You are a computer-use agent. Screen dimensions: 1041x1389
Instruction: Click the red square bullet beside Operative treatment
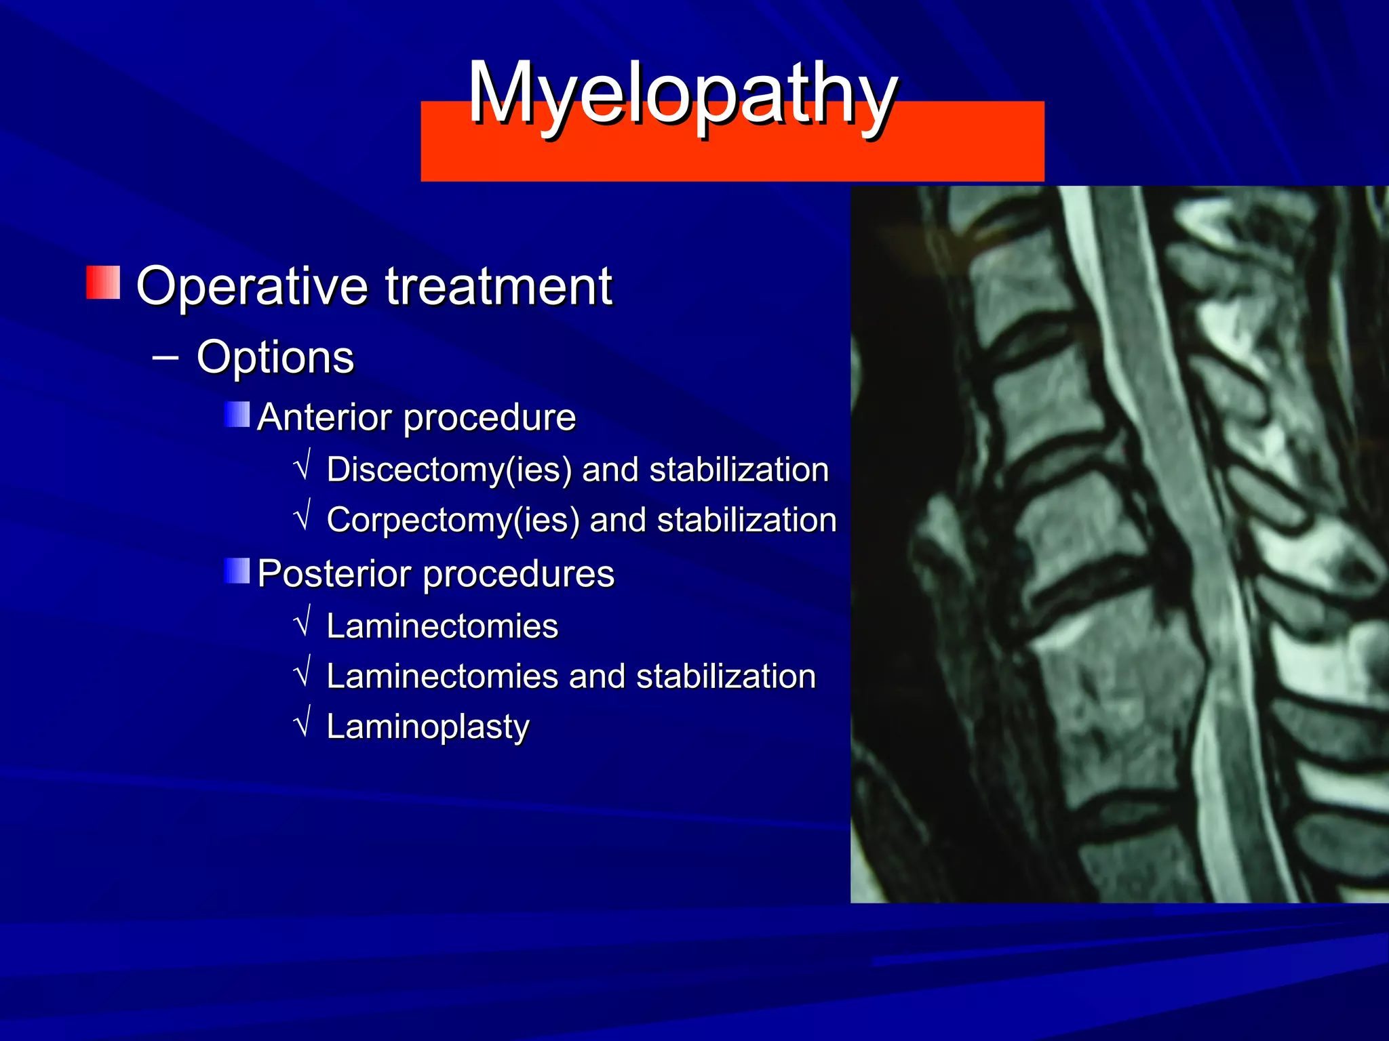pos(103,283)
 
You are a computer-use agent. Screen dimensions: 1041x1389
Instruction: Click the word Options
pos(275,357)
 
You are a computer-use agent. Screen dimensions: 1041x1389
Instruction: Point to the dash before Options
pos(165,356)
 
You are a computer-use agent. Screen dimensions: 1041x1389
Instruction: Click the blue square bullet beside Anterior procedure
pos(237,414)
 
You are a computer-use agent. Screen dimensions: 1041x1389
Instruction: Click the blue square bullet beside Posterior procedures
pos(237,571)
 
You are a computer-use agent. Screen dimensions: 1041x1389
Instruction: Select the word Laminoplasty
pos(427,727)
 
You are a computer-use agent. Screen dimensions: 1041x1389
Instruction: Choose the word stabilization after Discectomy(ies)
pos(739,470)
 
